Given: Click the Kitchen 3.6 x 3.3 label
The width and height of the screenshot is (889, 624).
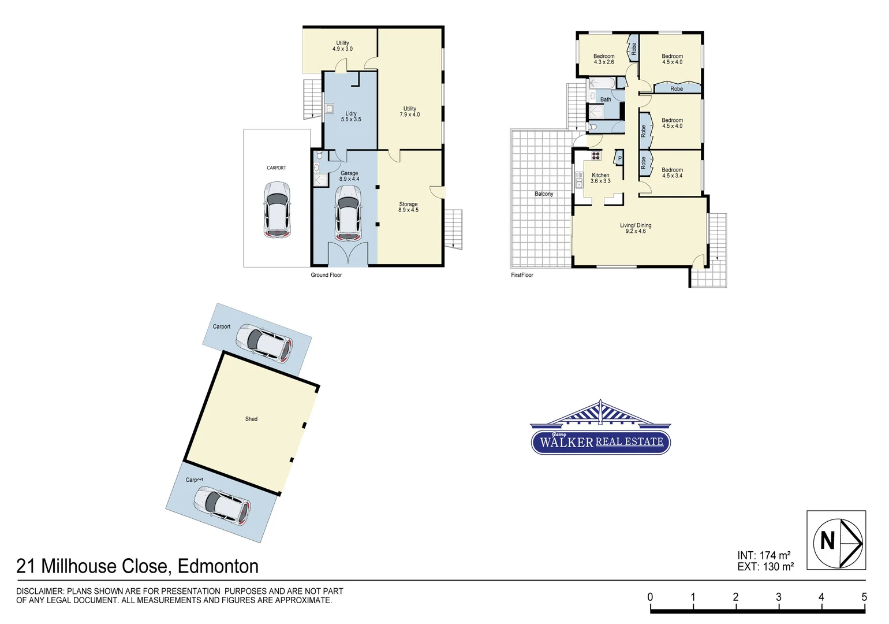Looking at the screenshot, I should pyautogui.click(x=600, y=178).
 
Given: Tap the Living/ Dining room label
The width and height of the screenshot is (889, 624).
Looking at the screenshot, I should pyautogui.click(x=636, y=228).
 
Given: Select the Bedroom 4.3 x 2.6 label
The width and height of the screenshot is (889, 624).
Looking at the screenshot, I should pyautogui.click(x=604, y=59).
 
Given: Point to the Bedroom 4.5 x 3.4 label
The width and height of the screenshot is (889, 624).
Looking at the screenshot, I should pyautogui.click(x=672, y=173).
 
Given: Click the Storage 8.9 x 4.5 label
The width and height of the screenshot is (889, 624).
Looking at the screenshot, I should pyautogui.click(x=408, y=207).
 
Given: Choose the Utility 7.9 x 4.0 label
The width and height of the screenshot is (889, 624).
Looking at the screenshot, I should pyautogui.click(x=409, y=112).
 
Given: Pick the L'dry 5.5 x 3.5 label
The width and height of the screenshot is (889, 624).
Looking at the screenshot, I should pyautogui.click(x=351, y=116).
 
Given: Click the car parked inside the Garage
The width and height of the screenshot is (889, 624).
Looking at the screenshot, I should pyautogui.click(x=348, y=217).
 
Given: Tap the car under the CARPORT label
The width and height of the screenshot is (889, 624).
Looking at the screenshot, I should pyautogui.click(x=277, y=209).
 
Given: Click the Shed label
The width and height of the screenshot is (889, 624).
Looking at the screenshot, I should pyautogui.click(x=251, y=419).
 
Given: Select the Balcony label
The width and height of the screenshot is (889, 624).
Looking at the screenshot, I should pyautogui.click(x=544, y=194).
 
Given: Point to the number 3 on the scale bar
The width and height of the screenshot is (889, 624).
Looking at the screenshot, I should pyautogui.click(x=778, y=597).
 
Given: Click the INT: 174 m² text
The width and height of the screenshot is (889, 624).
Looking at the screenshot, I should pyautogui.click(x=764, y=555).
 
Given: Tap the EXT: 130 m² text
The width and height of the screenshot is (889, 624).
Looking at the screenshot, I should pyautogui.click(x=765, y=567).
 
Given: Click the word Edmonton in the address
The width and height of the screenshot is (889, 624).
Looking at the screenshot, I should pyautogui.click(x=218, y=566).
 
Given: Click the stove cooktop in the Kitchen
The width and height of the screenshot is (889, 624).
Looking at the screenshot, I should pyautogui.click(x=596, y=155).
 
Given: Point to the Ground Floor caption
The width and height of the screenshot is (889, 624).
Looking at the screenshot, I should pyautogui.click(x=326, y=275).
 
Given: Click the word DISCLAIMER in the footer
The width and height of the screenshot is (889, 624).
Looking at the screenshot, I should pyautogui.click(x=40, y=591).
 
